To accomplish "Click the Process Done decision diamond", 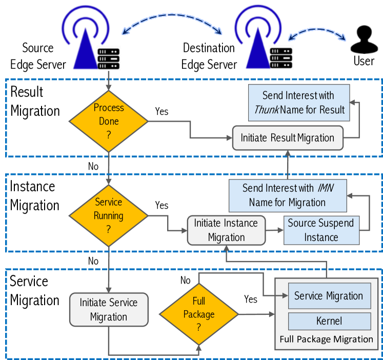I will click(109, 122).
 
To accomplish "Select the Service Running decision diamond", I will click(109, 216).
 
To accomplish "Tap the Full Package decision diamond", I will click(198, 313).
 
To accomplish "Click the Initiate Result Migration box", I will click(287, 137).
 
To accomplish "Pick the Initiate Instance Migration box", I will click(226, 230).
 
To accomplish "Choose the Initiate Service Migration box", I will click(108, 310).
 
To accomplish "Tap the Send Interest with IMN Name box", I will click(287, 195).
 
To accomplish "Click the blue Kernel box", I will click(329, 322).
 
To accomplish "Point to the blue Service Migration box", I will click(329, 296).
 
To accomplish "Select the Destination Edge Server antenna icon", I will click(258, 41).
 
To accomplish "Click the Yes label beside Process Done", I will click(161, 111).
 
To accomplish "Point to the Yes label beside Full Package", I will click(251, 299).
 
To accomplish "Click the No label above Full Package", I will click(186, 280).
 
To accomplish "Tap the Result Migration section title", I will click(34, 101).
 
